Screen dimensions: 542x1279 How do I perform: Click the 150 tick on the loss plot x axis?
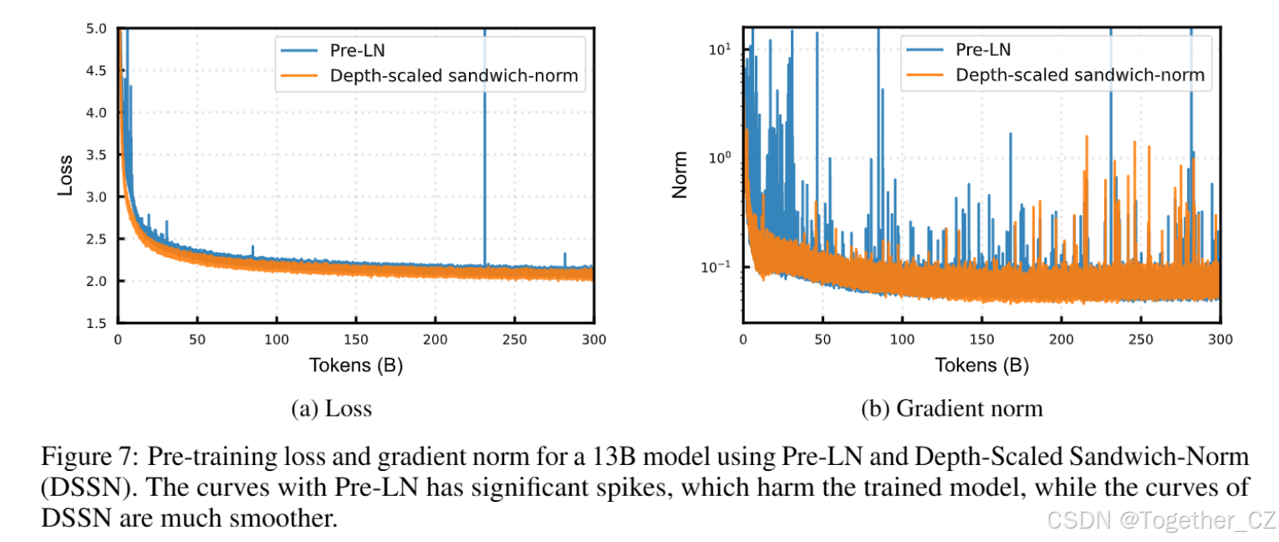(x=356, y=340)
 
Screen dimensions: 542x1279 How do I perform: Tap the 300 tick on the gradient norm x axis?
(x=1220, y=340)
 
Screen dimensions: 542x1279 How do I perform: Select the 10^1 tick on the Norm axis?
(x=720, y=49)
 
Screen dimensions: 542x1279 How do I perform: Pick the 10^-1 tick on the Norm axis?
(x=718, y=267)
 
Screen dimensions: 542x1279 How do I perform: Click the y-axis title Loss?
(x=65, y=176)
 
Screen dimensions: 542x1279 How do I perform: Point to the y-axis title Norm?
(x=680, y=175)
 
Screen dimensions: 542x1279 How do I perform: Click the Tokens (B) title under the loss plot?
(x=356, y=366)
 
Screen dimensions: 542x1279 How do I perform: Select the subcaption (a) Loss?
(x=331, y=409)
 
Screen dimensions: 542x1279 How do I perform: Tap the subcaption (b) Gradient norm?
(x=952, y=409)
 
